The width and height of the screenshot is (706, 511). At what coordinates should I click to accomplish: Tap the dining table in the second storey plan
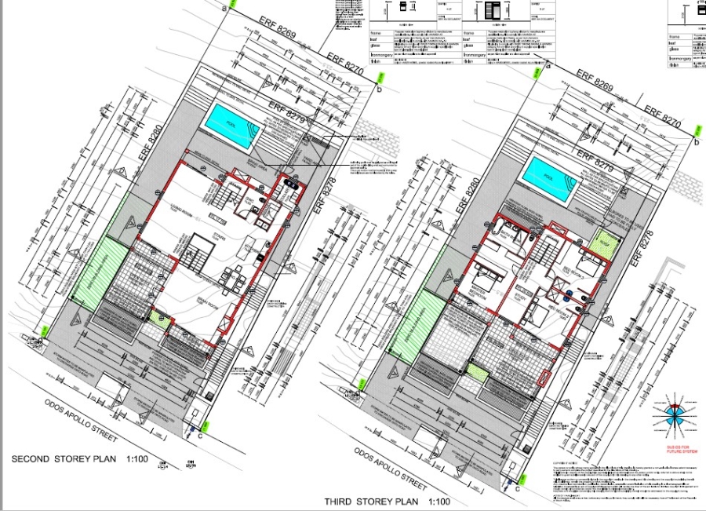(x=233, y=278)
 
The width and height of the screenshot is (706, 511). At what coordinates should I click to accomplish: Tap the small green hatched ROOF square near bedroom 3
(x=605, y=243)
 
